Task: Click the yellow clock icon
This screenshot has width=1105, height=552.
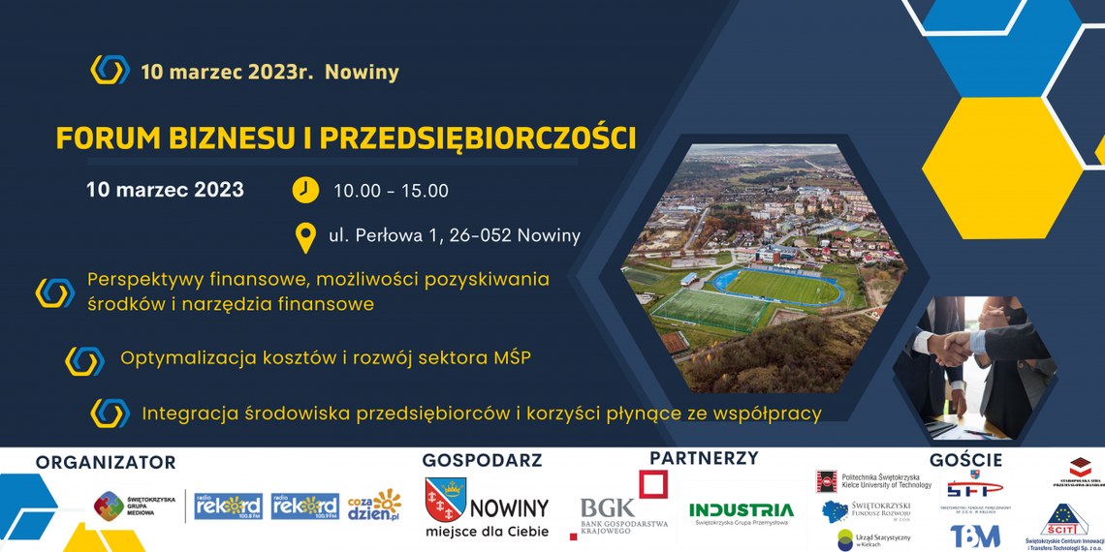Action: click(305, 190)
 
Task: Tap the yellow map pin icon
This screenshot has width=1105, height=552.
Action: click(305, 236)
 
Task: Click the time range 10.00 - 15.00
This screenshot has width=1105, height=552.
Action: click(391, 191)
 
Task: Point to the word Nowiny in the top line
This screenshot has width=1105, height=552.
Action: click(362, 72)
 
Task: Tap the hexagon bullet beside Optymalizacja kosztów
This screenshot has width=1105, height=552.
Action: click(84, 360)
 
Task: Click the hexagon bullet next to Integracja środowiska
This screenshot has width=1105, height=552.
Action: click(110, 414)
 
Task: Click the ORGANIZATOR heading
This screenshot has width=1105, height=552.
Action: click(106, 463)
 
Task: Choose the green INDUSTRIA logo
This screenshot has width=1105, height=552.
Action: click(741, 509)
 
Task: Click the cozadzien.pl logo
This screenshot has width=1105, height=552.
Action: click(373, 506)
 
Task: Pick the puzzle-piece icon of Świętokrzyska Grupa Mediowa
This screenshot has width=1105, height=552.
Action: click(109, 506)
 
